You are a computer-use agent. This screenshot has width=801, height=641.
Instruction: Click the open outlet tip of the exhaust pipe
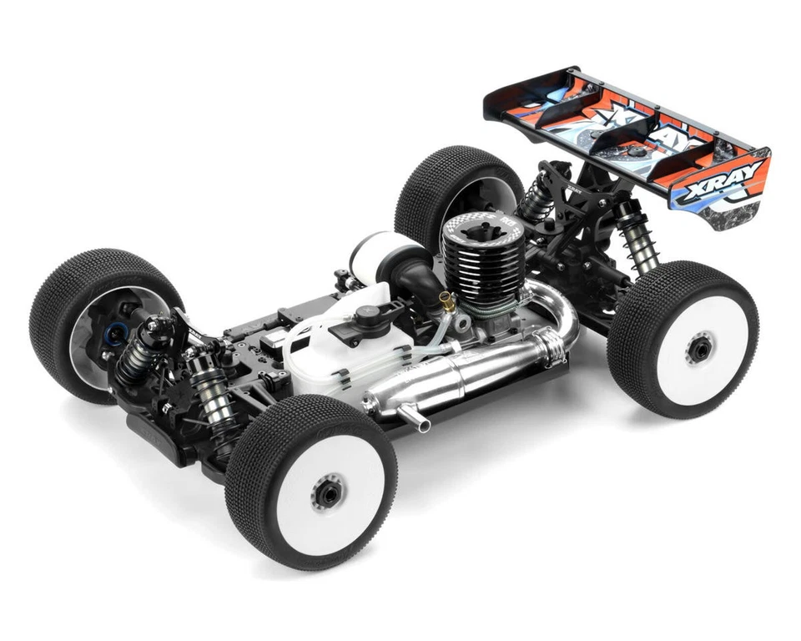click(x=424, y=426)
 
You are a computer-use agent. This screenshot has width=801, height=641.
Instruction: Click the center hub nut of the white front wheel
click(x=327, y=492)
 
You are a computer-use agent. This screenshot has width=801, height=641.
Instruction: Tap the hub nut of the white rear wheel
click(x=698, y=349)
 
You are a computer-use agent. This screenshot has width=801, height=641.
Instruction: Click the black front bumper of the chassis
click(x=159, y=434)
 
